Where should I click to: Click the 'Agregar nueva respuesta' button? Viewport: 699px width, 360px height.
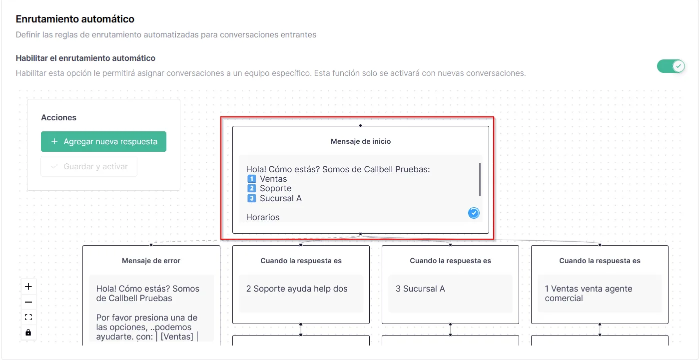[103, 142]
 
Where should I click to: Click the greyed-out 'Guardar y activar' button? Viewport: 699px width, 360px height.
[89, 167]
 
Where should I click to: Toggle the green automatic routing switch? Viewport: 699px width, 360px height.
[671, 66]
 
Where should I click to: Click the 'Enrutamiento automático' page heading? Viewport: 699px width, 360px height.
[75, 19]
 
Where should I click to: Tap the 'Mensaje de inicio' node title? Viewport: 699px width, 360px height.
[361, 141]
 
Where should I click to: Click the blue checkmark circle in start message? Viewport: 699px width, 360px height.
[474, 213]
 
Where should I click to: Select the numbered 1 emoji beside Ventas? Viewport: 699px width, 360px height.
[251, 179]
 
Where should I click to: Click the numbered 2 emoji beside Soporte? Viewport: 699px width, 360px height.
[251, 188]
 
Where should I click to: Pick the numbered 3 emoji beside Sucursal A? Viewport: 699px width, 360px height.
[251, 198]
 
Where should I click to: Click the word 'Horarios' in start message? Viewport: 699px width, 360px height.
[263, 217]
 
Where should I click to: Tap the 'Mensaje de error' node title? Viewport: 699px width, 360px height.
[151, 261]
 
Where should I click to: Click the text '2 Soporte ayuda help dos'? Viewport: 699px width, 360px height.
[297, 289]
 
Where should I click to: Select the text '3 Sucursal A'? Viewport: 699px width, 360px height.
[420, 289]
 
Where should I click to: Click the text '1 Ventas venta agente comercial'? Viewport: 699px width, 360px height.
[589, 294]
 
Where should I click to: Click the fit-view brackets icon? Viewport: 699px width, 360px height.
[28, 317]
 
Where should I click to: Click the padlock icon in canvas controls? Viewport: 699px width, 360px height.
[28, 332]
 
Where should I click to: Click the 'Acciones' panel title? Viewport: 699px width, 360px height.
[58, 118]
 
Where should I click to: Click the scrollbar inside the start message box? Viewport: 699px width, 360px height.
[480, 179]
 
